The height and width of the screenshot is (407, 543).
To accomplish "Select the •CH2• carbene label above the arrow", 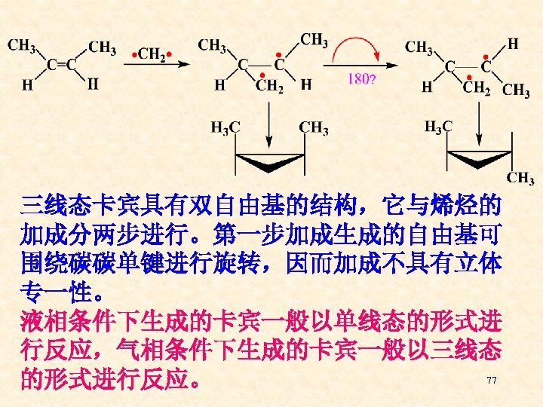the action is [152, 54].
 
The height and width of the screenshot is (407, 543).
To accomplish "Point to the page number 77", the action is [492, 381].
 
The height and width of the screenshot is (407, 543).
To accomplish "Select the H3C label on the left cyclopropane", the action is [225, 127].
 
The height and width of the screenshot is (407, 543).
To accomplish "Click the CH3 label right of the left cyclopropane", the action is [314, 127].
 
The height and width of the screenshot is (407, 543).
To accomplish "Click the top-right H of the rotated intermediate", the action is [513, 44].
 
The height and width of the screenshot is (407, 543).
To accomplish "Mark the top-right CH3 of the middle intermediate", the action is [314, 39].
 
